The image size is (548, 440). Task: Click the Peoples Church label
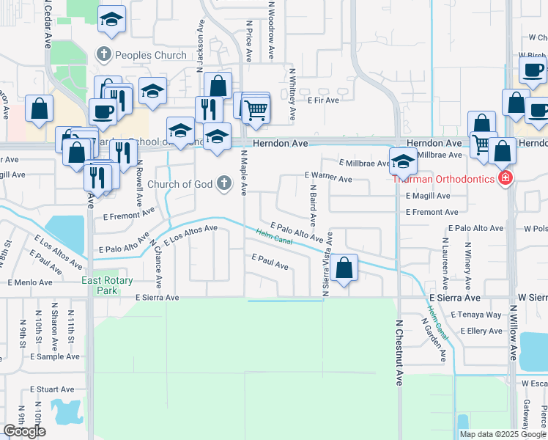click(x=140, y=55)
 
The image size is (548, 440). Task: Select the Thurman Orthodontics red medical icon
click(x=504, y=178)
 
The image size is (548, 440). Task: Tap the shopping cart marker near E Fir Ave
click(x=256, y=110)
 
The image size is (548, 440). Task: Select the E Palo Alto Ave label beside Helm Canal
click(x=296, y=232)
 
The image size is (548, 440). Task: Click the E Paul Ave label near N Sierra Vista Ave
click(x=270, y=260)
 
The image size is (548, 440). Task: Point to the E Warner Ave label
click(x=328, y=178)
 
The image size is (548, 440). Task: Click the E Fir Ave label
click(x=323, y=100)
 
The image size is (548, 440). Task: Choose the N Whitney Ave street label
click(x=292, y=94)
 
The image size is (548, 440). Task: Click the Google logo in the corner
click(x=25, y=431)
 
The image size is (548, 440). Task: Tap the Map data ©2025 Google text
click(x=503, y=434)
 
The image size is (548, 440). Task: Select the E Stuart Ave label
click(x=52, y=389)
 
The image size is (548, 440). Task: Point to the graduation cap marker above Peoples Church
click(x=111, y=20)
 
